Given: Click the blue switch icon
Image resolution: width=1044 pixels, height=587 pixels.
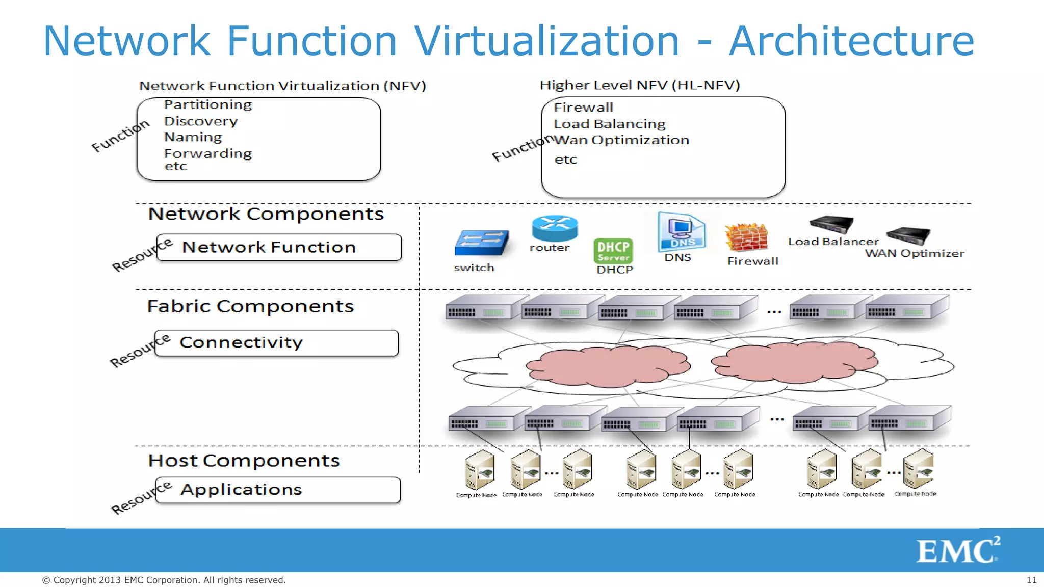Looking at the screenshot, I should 481,243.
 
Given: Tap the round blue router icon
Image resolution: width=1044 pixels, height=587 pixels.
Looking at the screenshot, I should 555,227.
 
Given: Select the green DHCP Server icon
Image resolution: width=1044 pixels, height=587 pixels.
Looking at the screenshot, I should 613,251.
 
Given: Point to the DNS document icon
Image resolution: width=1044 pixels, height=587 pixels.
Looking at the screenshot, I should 681,232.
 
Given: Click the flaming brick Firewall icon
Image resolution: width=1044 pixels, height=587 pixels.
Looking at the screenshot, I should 746,237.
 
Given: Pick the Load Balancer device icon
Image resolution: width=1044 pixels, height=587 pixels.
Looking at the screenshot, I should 831,224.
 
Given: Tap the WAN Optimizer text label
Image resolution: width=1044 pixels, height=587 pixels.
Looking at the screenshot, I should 915,253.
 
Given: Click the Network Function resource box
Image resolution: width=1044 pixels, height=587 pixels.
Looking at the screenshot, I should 278,248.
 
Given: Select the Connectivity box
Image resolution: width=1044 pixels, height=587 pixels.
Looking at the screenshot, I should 276,343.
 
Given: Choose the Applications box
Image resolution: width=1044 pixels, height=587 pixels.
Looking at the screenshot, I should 277,490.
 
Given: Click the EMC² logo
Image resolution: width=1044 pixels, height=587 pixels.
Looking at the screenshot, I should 958,550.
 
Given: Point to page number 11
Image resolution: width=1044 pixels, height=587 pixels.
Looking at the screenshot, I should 1031,580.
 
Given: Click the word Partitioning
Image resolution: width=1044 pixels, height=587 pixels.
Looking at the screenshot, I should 208,105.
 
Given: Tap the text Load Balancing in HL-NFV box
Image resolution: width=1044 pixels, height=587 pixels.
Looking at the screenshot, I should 610,124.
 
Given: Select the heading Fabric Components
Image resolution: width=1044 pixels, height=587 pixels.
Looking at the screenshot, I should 250,306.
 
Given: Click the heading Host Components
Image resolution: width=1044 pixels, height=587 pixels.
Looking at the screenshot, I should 244,461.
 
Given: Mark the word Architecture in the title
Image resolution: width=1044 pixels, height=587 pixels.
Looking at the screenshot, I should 851,41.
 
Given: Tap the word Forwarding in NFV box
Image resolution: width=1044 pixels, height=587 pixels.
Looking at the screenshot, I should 208,153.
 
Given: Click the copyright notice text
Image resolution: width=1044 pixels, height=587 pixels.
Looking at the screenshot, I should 164,580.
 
